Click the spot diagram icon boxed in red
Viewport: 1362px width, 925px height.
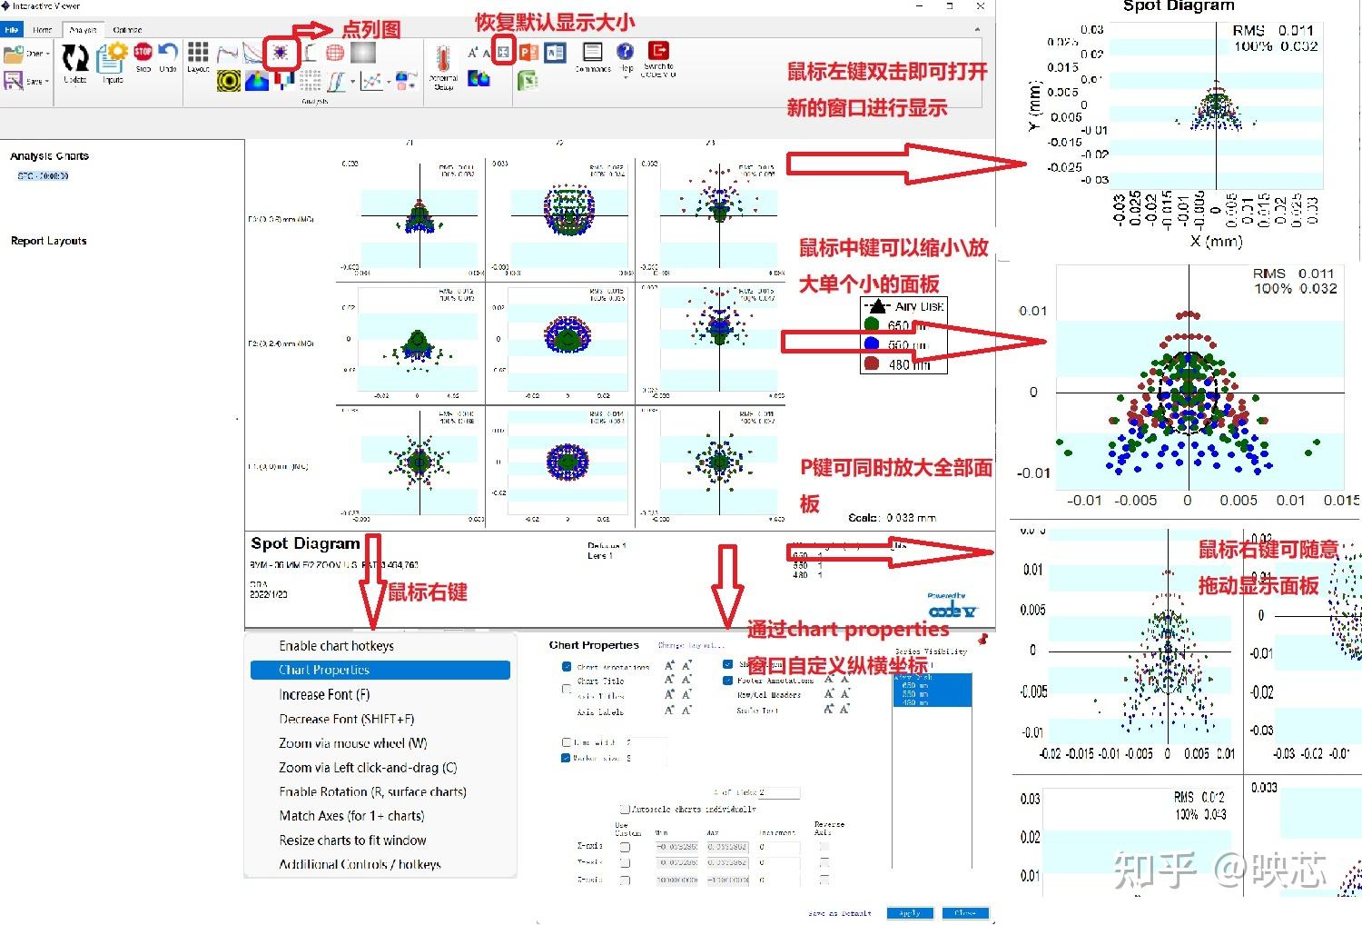coord(281,53)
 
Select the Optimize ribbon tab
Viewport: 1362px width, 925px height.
coord(127,30)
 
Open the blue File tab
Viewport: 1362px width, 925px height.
coord(12,30)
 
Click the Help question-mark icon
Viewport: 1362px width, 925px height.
coord(625,52)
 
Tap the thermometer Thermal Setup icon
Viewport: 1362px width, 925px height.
coord(442,59)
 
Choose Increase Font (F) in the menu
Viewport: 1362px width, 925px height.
coord(324,694)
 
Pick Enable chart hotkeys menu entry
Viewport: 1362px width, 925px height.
coord(336,646)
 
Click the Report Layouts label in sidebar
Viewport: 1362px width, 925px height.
coord(48,241)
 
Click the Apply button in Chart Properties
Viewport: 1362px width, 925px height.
coord(910,913)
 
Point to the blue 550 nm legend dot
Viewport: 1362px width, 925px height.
coord(872,344)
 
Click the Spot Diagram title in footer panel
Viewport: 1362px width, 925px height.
coord(305,543)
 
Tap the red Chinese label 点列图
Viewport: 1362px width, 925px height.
coord(370,30)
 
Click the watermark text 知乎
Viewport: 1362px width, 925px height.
coord(1155,870)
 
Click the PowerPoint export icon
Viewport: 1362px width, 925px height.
coord(528,53)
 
